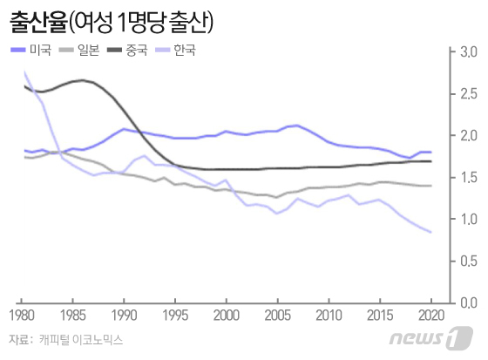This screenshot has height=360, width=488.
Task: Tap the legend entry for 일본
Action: [x=90, y=50]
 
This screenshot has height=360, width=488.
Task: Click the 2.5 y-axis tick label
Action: [x=466, y=94]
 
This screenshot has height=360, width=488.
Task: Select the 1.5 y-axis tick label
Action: [x=466, y=178]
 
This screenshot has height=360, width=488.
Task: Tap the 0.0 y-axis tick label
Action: [x=466, y=302]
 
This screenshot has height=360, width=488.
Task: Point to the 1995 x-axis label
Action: [x=175, y=315]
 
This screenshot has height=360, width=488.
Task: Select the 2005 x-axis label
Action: [x=278, y=315]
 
